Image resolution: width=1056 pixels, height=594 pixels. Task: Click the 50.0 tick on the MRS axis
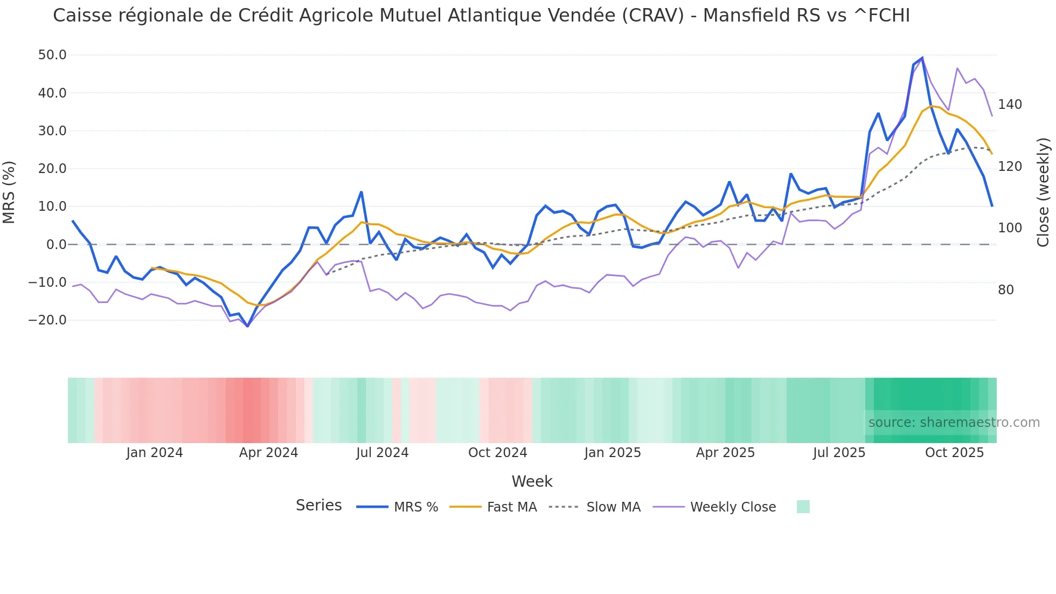point(52,55)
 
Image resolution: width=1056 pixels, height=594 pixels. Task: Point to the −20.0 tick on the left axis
point(47,320)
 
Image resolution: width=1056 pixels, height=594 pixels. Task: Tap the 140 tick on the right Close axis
point(1010,105)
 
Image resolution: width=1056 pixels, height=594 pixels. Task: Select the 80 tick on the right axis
point(1005,290)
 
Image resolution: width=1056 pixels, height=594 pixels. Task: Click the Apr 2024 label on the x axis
point(268,453)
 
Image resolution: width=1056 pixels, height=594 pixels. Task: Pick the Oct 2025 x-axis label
point(954,453)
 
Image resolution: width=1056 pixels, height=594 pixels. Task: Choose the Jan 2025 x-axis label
point(613,453)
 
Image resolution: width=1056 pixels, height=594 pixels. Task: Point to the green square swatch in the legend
point(803,507)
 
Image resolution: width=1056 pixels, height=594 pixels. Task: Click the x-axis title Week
point(532,481)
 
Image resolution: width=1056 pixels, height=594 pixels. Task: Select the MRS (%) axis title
point(9,192)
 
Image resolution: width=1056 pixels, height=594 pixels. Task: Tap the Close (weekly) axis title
point(1043,192)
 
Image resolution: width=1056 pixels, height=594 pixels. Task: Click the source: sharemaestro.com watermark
point(954,423)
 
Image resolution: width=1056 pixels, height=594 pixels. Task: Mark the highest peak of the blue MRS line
point(922,58)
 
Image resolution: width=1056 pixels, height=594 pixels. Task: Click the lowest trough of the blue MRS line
point(247,326)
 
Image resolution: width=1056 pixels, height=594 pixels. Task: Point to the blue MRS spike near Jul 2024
point(361,192)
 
